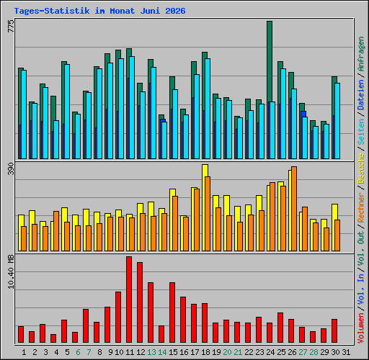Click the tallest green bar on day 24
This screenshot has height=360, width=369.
point(270,90)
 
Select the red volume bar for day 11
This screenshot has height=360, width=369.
point(129,300)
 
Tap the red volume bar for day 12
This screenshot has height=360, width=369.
point(140,302)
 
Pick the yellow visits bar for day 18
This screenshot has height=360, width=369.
point(205,207)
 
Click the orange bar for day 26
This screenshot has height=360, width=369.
point(294,209)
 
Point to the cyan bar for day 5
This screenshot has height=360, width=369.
point(67,112)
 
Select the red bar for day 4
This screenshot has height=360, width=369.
point(53,338)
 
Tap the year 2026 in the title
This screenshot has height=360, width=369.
point(175,11)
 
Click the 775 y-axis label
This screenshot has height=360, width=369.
point(11,26)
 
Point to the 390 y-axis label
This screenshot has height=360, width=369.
point(11,168)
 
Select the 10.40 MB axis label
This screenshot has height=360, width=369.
point(11,271)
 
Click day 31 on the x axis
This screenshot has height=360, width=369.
point(346,352)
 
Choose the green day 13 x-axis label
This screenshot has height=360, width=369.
point(151,352)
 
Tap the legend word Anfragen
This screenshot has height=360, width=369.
point(361,54)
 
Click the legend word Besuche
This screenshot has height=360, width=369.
point(361,168)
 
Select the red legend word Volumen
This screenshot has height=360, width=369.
point(361,328)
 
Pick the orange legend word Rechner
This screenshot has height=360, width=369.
point(361,207)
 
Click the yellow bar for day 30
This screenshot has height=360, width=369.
point(334,228)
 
